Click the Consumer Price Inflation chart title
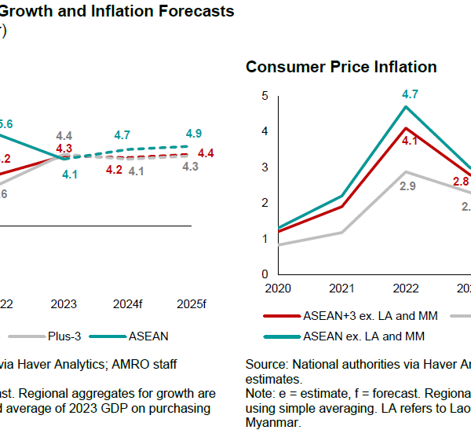tap(341, 67)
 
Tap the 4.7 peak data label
tap(410, 94)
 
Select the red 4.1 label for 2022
tap(410, 141)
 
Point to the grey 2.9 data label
tap(408, 186)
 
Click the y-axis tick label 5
tap(265, 96)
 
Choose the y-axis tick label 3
tap(265, 167)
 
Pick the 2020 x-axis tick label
tap(277, 289)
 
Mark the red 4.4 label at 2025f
tap(206, 153)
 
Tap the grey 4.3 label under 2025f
tap(189, 167)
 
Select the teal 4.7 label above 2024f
tap(122, 135)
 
